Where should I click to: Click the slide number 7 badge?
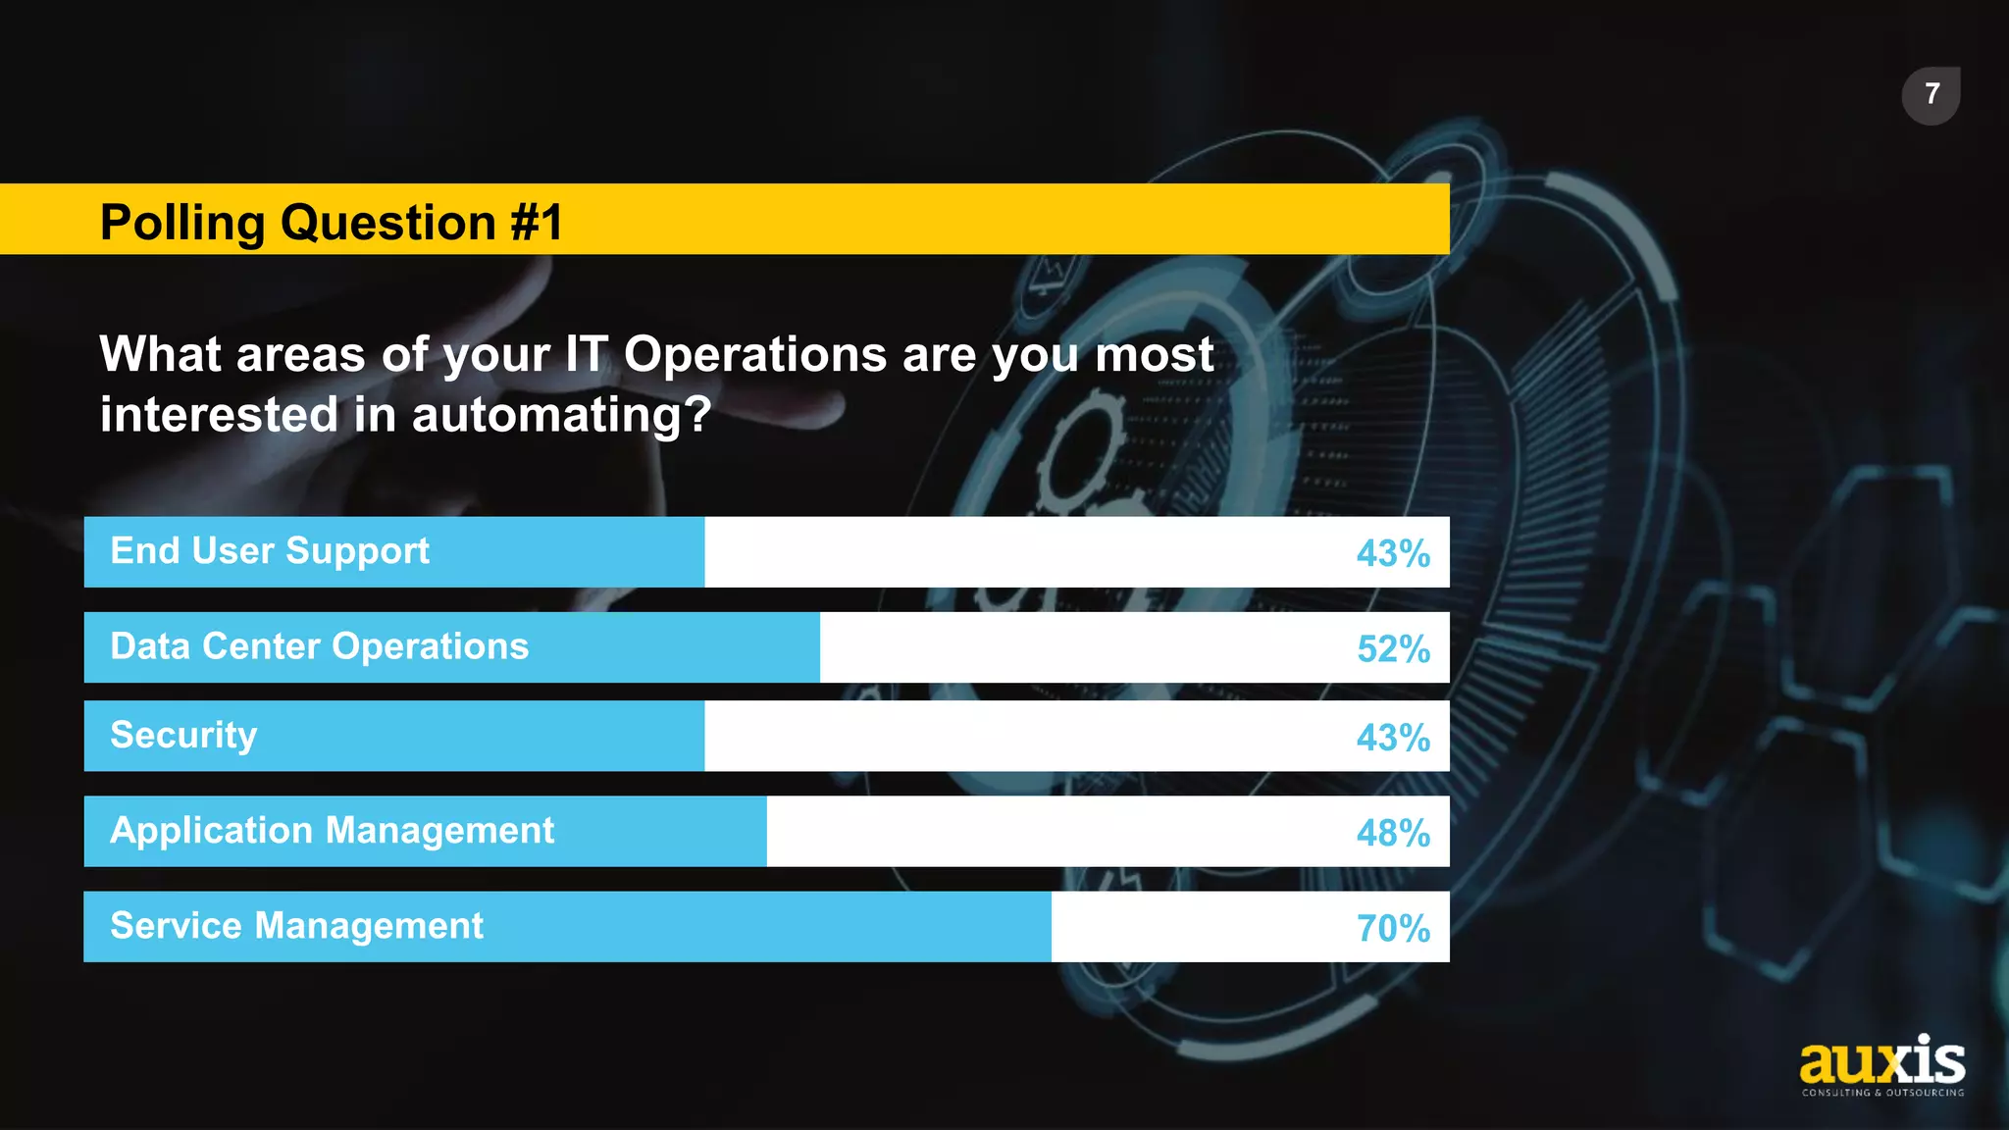coord(1931,95)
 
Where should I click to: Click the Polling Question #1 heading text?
coord(332,222)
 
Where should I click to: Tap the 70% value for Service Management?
coord(1393,928)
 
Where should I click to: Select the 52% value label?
coord(1393,648)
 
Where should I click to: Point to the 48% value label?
coord(1393,833)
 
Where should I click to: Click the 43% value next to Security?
coord(1393,737)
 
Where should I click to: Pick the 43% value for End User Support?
coord(1393,553)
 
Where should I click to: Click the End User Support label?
coord(270,551)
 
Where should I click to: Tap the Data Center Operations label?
coord(319,646)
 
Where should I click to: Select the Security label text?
coord(183,736)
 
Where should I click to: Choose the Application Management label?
coord(332,831)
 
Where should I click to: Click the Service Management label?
coord(296,926)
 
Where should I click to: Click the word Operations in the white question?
coord(755,354)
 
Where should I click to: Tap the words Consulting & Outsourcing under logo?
coord(1882,1093)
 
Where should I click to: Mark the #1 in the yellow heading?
coord(537,222)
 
